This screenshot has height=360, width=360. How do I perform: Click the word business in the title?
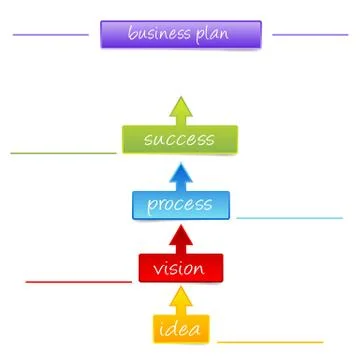161,35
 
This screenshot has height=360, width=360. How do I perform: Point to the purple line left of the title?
50,34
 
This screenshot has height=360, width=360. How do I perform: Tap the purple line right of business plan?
310,34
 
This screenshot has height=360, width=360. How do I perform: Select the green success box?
180,140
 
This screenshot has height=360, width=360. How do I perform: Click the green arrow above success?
180,108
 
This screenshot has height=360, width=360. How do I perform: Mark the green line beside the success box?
62,154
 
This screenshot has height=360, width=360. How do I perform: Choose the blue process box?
180,205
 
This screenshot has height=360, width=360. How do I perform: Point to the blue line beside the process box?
290,217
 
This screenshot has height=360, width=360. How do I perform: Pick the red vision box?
180,268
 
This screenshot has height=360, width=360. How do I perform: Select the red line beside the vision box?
78,281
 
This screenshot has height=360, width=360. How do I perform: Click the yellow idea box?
180,329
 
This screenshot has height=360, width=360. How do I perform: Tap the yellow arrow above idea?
180,301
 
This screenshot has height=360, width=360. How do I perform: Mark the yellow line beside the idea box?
270,342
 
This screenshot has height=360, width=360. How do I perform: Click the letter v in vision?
158,270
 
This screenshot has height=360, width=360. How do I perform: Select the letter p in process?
153,207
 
